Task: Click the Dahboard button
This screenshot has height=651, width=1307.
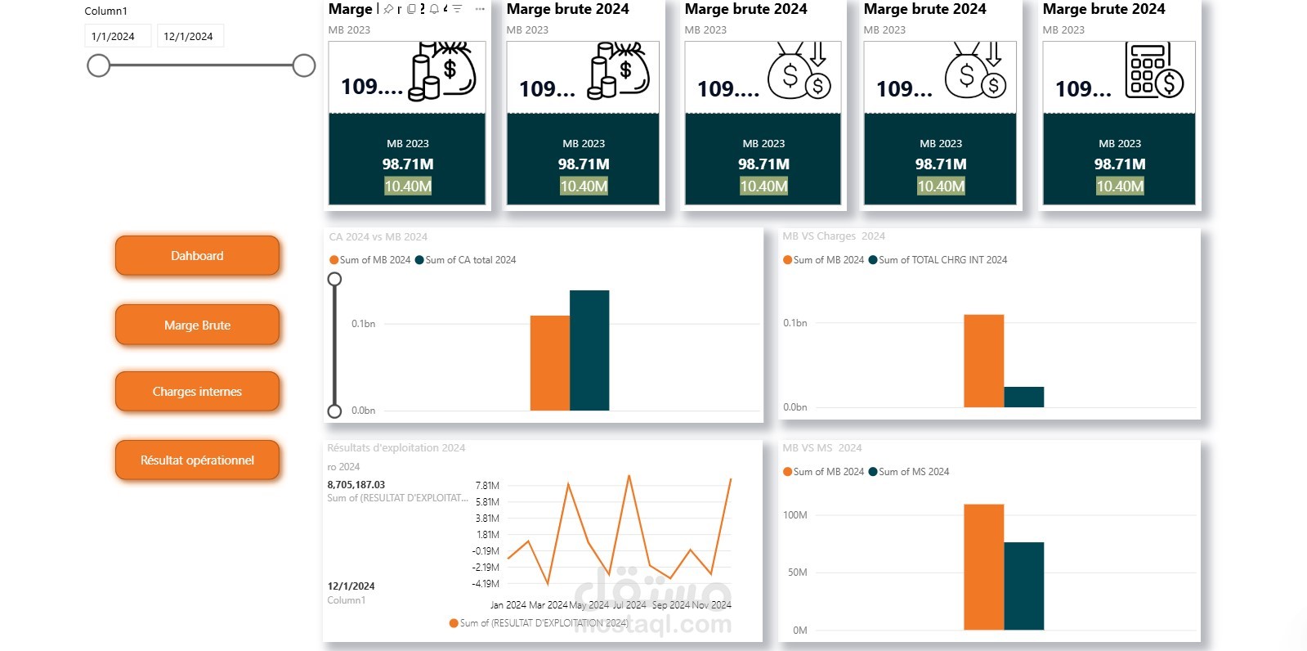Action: pyautogui.click(x=197, y=256)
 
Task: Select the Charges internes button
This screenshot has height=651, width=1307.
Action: pyautogui.click(x=197, y=392)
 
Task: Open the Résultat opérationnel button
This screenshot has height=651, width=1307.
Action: pyautogui.click(x=197, y=460)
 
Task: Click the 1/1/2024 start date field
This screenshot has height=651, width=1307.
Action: pyautogui.click(x=117, y=36)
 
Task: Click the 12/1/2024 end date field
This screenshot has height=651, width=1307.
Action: pyautogui.click(x=189, y=36)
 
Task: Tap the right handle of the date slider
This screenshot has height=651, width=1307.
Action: pyautogui.click(x=304, y=65)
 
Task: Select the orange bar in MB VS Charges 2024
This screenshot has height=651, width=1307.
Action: pyautogui.click(x=983, y=361)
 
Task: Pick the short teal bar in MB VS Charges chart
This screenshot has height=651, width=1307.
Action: pyautogui.click(x=1023, y=397)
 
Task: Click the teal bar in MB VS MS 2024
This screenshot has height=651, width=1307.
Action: pyautogui.click(x=1023, y=586)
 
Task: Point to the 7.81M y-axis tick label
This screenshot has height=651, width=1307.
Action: pyautogui.click(x=487, y=486)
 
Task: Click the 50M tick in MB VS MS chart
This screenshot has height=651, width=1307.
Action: pyautogui.click(x=797, y=572)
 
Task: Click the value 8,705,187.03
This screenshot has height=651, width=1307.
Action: pyautogui.click(x=356, y=485)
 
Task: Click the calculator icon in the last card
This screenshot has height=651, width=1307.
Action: pyautogui.click(x=1153, y=71)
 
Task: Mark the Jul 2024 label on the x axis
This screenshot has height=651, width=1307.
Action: pyautogui.click(x=629, y=605)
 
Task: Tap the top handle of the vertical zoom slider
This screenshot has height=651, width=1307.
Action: pyautogui.click(x=334, y=279)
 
